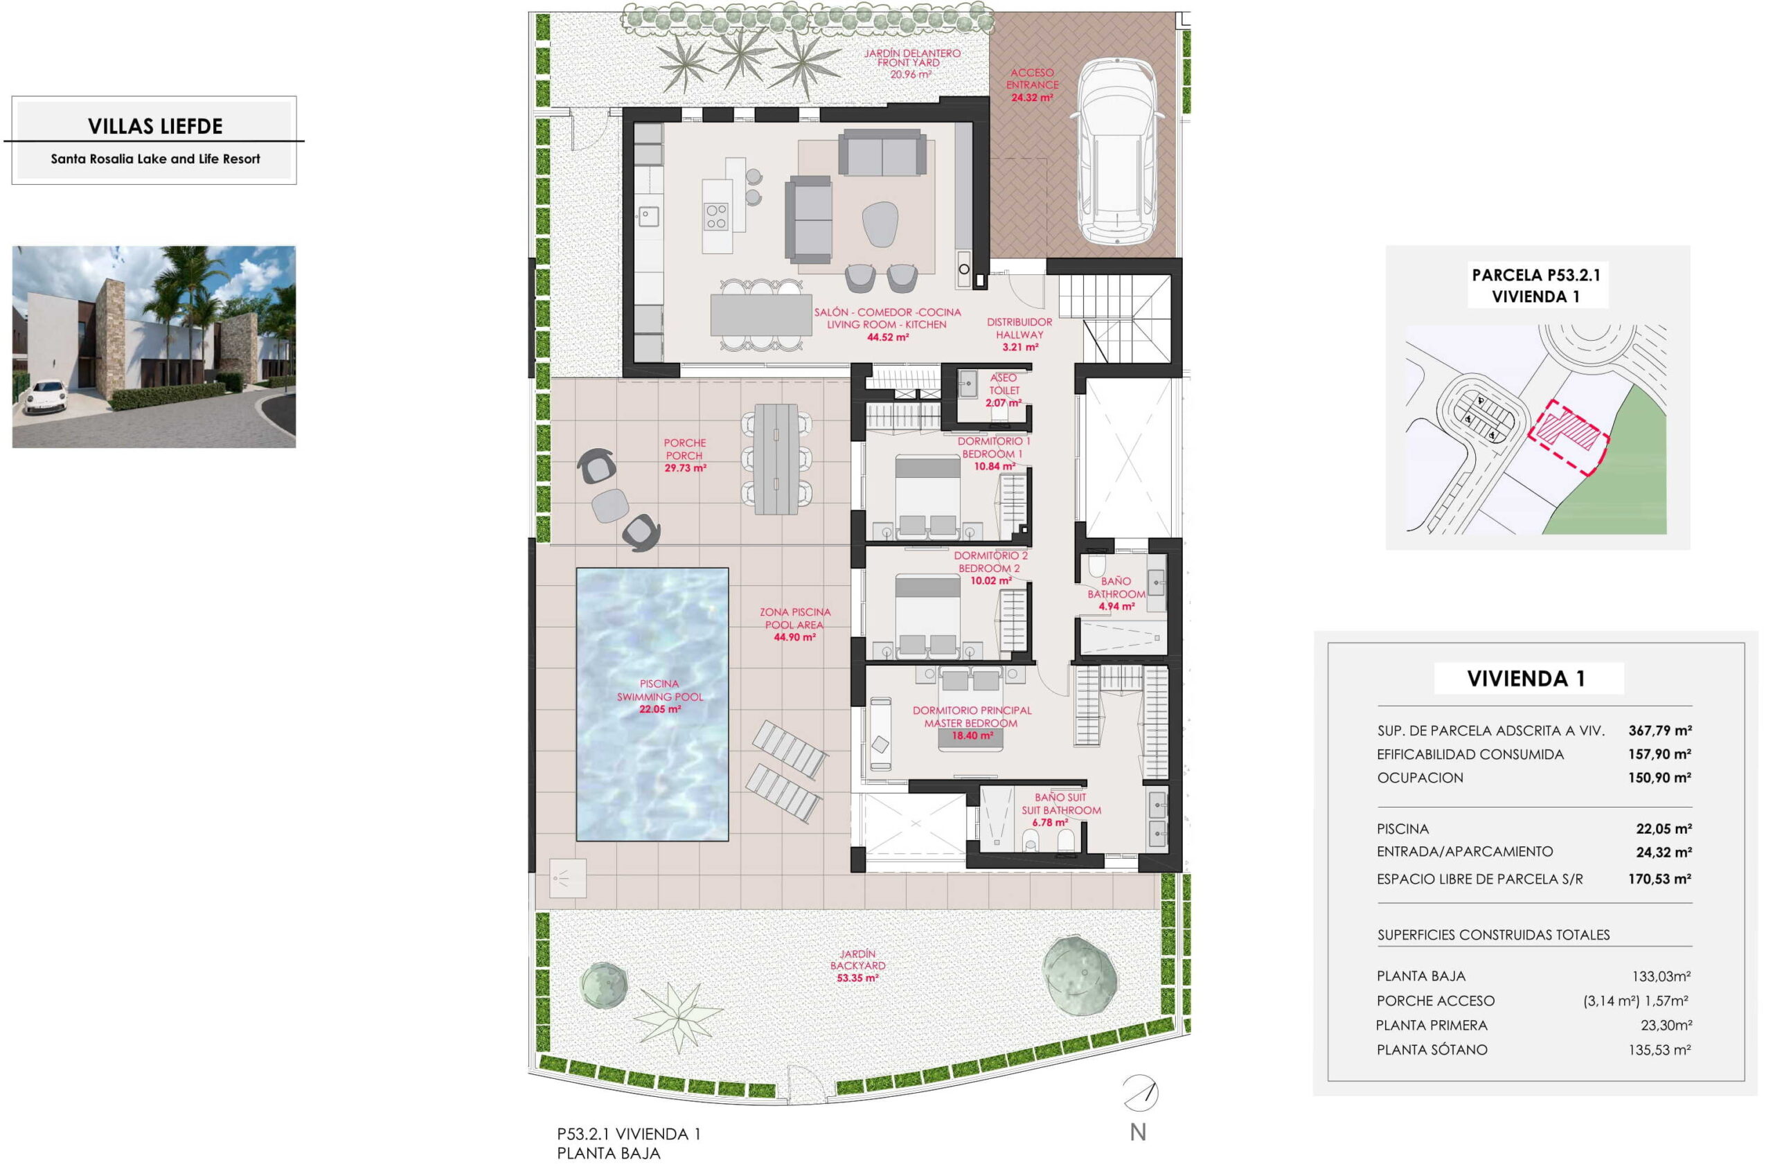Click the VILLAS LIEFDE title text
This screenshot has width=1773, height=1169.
click(x=155, y=126)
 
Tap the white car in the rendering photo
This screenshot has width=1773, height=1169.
click(x=45, y=396)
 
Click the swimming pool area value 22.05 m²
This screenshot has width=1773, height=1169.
click(x=660, y=709)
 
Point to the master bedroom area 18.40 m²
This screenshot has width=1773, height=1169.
click(x=972, y=735)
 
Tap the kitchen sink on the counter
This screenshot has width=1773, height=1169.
click(x=648, y=217)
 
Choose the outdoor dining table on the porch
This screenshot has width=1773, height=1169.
click(x=776, y=458)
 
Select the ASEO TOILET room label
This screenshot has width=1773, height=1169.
click(x=1004, y=384)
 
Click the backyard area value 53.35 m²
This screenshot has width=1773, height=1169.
click(x=857, y=977)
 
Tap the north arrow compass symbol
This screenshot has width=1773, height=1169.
click(x=1140, y=1093)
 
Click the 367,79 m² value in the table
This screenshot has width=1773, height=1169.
click(x=1659, y=731)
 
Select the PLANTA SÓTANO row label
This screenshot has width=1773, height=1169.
click(x=1432, y=1050)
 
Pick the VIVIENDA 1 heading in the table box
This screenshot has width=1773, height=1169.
click(x=1526, y=679)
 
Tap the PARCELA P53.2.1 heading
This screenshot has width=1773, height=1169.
click(x=1537, y=274)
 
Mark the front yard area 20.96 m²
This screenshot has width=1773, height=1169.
click(x=911, y=75)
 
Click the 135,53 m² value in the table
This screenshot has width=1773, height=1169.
click(x=1659, y=1050)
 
